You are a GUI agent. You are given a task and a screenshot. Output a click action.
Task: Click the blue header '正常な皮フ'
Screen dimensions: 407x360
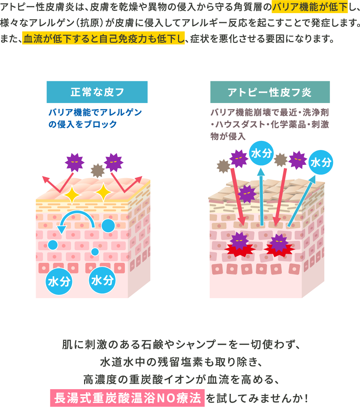97,92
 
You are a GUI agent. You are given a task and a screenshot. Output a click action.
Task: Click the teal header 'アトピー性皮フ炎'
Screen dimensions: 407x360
270,92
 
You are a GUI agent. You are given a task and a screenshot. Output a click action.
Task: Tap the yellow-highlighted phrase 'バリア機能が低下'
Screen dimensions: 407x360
309,6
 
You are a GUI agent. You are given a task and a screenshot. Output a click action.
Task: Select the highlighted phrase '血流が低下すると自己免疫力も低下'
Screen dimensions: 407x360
104,38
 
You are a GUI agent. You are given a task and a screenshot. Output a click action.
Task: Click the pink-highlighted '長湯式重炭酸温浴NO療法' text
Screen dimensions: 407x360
127,398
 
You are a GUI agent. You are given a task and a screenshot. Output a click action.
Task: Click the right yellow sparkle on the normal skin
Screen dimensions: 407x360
104,192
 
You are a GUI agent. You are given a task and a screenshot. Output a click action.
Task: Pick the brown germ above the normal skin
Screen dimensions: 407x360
98,170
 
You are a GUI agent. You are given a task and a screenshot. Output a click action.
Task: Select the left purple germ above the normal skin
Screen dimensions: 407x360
74,162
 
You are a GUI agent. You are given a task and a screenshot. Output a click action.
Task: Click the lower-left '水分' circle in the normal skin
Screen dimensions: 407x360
59,281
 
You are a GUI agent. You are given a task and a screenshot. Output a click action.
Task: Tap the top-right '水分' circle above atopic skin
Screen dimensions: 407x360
321,162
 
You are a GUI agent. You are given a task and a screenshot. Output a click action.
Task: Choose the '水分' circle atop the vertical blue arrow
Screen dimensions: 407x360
261,153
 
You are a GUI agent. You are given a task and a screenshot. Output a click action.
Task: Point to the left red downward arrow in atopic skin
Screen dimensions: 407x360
237,197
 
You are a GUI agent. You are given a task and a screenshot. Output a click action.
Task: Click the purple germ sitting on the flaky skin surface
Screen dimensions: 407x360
247,194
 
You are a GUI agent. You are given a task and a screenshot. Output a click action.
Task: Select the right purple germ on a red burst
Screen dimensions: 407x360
279,243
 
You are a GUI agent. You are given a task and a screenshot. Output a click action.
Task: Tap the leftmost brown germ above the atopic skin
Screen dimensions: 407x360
223,166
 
